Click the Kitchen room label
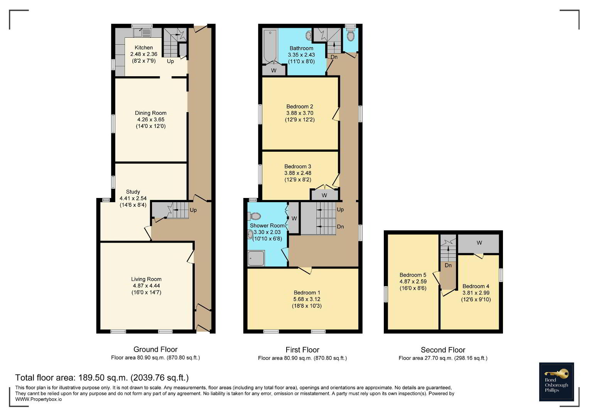tap(143, 47)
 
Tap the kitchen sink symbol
tap(142, 33)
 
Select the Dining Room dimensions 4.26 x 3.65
tap(151, 119)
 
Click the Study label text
tap(133, 192)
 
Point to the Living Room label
tap(146, 279)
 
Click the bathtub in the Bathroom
tap(270, 46)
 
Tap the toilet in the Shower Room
tap(254, 216)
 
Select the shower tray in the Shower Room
tap(256, 258)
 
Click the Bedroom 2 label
tap(300, 106)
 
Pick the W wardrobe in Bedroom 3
tap(324, 195)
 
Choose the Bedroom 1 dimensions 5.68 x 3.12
tap(307, 299)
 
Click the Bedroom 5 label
tap(413, 275)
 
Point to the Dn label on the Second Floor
tap(448, 265)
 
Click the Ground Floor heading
tap(155, 349)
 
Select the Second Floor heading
tap(443, 350)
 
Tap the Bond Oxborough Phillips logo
tap(556, 382)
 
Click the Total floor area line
tap(102, 377)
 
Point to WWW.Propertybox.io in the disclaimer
tap(39, 399)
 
